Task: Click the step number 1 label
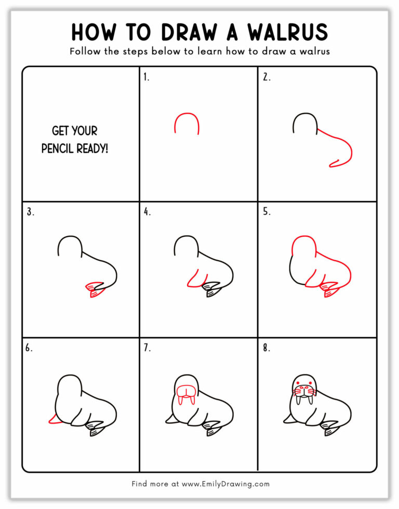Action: pos(147,77)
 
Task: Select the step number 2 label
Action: pos(266,77)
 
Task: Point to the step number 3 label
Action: pos(30,212)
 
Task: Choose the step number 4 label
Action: pos(147,212)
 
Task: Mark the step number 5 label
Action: pos(266,212)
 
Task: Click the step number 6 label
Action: pos(30,348)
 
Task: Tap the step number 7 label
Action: pos(147,348)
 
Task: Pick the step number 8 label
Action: pos(266,348)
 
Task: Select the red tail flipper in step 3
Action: pos(94,288)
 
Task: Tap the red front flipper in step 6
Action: pos(52,418)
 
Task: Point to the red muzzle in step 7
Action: pos(187,390)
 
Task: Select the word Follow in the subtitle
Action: pos(85,52)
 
